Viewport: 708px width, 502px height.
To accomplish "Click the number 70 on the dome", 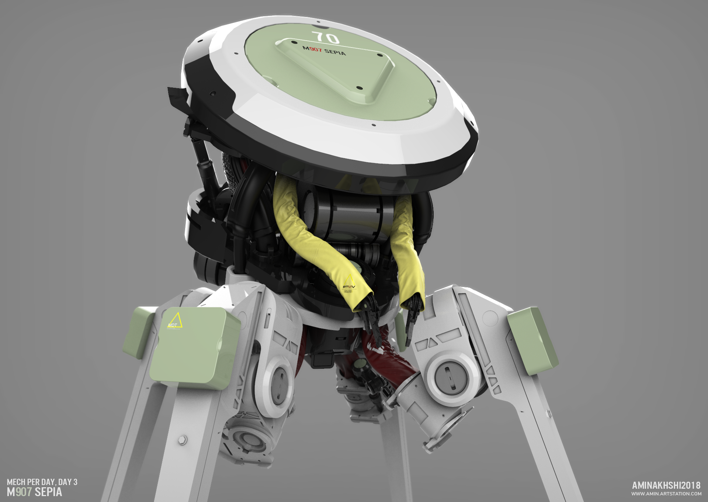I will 325,37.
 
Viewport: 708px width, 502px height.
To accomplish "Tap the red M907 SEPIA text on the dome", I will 324,50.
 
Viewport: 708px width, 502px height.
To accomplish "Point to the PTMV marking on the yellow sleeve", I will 348,287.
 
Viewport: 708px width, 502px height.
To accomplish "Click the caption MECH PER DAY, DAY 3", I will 42,482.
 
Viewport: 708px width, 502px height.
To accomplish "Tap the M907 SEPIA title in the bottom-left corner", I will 34,492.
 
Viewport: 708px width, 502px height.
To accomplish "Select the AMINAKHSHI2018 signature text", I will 666,485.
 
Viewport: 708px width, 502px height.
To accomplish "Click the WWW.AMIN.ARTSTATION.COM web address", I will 666,494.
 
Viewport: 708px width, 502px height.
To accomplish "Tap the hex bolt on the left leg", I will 182,440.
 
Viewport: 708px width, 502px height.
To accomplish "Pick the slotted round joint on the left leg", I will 279,384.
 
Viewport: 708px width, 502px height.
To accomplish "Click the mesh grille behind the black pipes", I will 230,173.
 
